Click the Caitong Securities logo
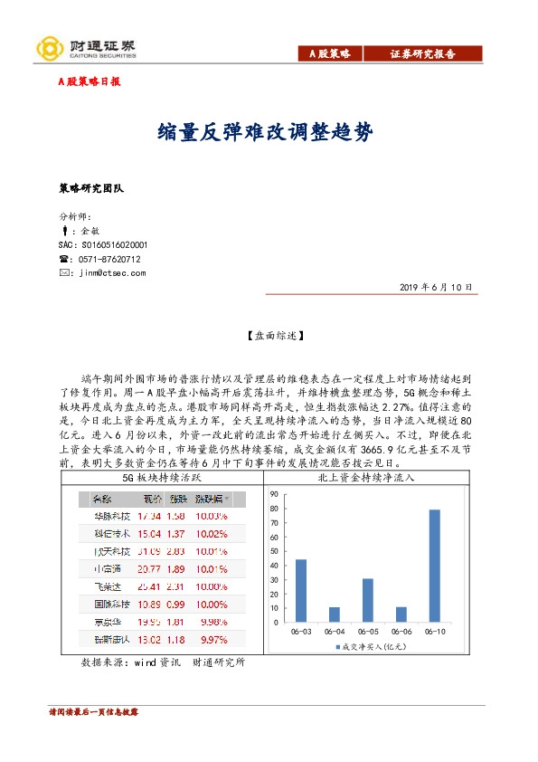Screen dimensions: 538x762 (x=85, y=48)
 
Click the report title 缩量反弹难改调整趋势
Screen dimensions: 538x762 (x=268, y=132)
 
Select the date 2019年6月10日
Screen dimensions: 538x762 (x=436, y=288)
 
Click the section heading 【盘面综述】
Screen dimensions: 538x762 (x=269, y=335)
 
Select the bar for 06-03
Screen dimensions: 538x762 (x=300, y=591)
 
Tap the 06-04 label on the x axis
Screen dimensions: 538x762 (x=335, y=632)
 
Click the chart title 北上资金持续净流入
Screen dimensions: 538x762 (x=366, y=477)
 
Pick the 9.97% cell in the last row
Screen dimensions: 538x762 (x=211, y=640)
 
